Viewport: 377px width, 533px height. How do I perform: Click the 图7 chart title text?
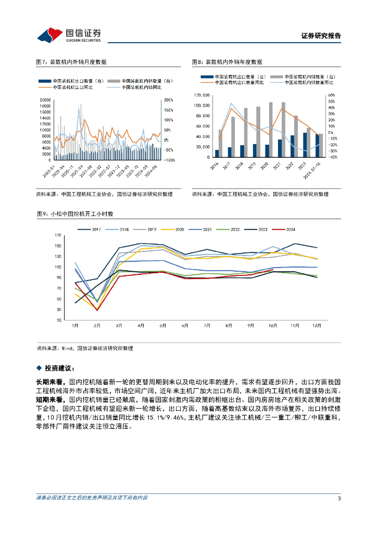[71, 62]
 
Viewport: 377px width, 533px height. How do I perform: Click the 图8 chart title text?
[227, 62]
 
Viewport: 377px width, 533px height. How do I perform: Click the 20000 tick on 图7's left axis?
[45, 99]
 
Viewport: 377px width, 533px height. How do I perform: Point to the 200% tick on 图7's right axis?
[169, 99]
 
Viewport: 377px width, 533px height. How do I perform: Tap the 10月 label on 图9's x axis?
[273, 325]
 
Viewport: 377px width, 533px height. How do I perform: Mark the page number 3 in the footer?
[339, 499]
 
